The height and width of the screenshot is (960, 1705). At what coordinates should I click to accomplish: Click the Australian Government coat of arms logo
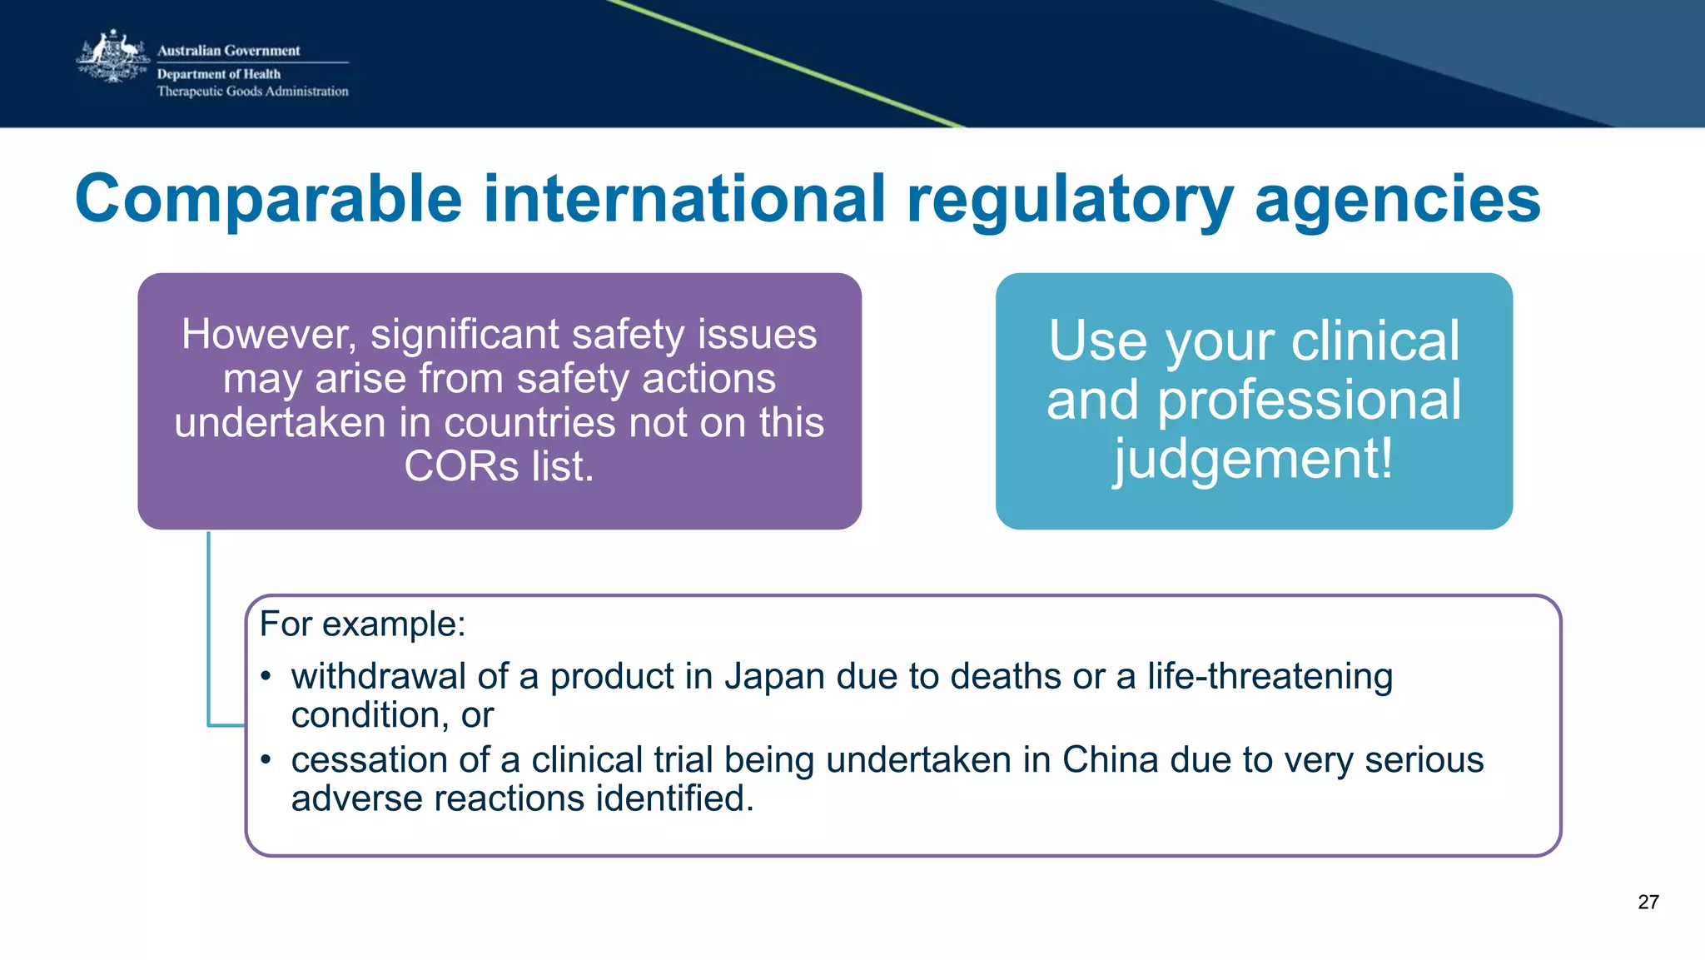[x=112, y=58]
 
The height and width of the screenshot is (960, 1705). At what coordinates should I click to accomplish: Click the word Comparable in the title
[x=268, y=199]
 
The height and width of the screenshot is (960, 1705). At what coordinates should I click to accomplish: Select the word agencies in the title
[x=1397, y=199]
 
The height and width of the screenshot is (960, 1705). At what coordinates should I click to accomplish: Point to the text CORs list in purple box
[x=499, y=466]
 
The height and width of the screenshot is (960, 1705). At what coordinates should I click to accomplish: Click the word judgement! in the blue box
[x=1254, y=460]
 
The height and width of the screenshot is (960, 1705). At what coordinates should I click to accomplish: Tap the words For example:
[x=362, y=624]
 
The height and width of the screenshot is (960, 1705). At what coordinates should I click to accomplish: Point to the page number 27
[x=1648, y=902]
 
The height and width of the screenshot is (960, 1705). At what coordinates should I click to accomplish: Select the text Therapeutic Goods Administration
[x=252, y=92]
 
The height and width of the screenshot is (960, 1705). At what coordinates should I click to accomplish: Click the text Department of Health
[x=219, y=74]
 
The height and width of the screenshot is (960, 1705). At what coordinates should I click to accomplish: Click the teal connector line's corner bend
[x=209, y=725]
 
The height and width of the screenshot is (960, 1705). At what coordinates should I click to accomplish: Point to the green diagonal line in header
[x=791, y=65]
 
